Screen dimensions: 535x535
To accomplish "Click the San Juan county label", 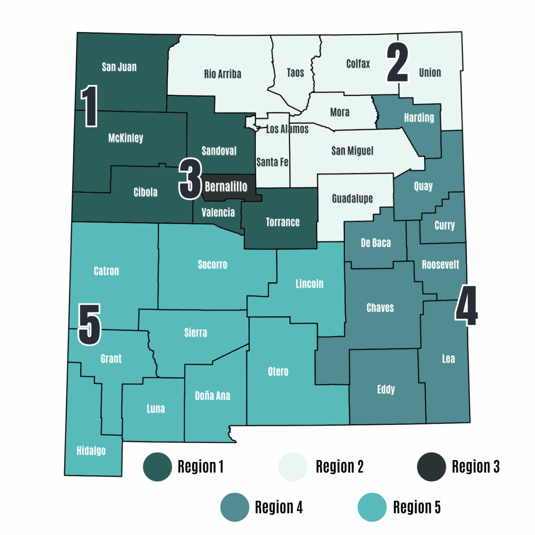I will click(119, 67).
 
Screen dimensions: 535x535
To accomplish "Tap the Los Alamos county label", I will click(287, 129).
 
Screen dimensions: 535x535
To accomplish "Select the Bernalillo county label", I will click(226, 186).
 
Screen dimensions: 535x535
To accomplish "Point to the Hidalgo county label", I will click(91, 451).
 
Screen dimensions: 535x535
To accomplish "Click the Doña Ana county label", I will click(212, 396).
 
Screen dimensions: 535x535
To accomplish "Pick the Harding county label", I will click(419, 117).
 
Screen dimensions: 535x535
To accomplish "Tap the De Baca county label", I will click(376, 243).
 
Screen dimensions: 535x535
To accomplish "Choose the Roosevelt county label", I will click(440, 265).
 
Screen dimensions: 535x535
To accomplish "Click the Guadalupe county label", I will click(352, 199).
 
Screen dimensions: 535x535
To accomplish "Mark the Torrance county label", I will click(283, 222).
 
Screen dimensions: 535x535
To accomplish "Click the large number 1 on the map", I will click(89, 106).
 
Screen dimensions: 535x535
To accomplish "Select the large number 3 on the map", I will click(191, 179).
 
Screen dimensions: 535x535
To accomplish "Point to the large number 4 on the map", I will click(466, 305).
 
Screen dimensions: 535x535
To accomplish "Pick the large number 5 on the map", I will click(89, 324).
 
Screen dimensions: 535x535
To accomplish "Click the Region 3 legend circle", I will click(431, 466).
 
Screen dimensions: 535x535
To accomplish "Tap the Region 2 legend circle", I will click(293, 466).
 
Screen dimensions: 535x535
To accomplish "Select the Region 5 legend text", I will click(417, 507).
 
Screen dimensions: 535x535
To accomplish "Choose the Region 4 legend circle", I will click(235, 507).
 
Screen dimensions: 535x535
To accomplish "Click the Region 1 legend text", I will click(201, 466).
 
